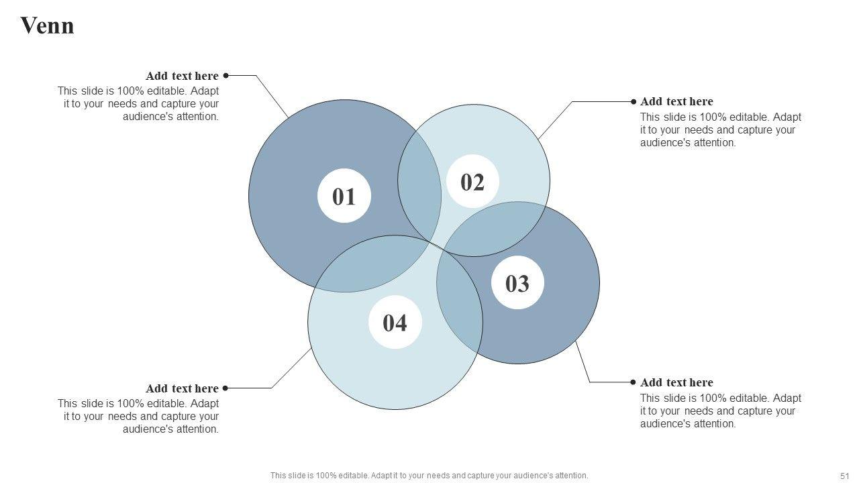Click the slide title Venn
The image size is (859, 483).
(x=47, y=26)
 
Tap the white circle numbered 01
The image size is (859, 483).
(x=344, y=196)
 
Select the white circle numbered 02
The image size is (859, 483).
(x=472, y=182)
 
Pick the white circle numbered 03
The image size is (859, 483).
(x=517, y=283)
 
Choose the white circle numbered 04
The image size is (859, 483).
(x=395, y=323)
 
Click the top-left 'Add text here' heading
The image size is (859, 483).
(x=182, y=76)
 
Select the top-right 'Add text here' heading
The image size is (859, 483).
(x=676, y=101)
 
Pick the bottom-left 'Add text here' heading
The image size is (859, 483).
(x=182, y=388)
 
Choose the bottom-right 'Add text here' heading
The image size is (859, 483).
(x=676, y=382)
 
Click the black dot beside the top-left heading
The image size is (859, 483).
(x=226, y=76)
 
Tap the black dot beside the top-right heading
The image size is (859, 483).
(x=634, y=101)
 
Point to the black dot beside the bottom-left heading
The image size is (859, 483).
(x=225, y=388)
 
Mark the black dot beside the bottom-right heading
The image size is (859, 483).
(x=633, y=382)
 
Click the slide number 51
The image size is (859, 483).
(x=844, y=476)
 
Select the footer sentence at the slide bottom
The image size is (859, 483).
(x=429, y=476)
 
